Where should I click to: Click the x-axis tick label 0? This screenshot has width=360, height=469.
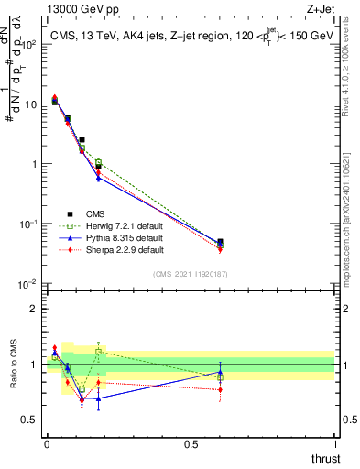47,443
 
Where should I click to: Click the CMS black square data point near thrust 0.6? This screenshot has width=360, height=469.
220,243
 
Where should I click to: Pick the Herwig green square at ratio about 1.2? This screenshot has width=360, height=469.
98,351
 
